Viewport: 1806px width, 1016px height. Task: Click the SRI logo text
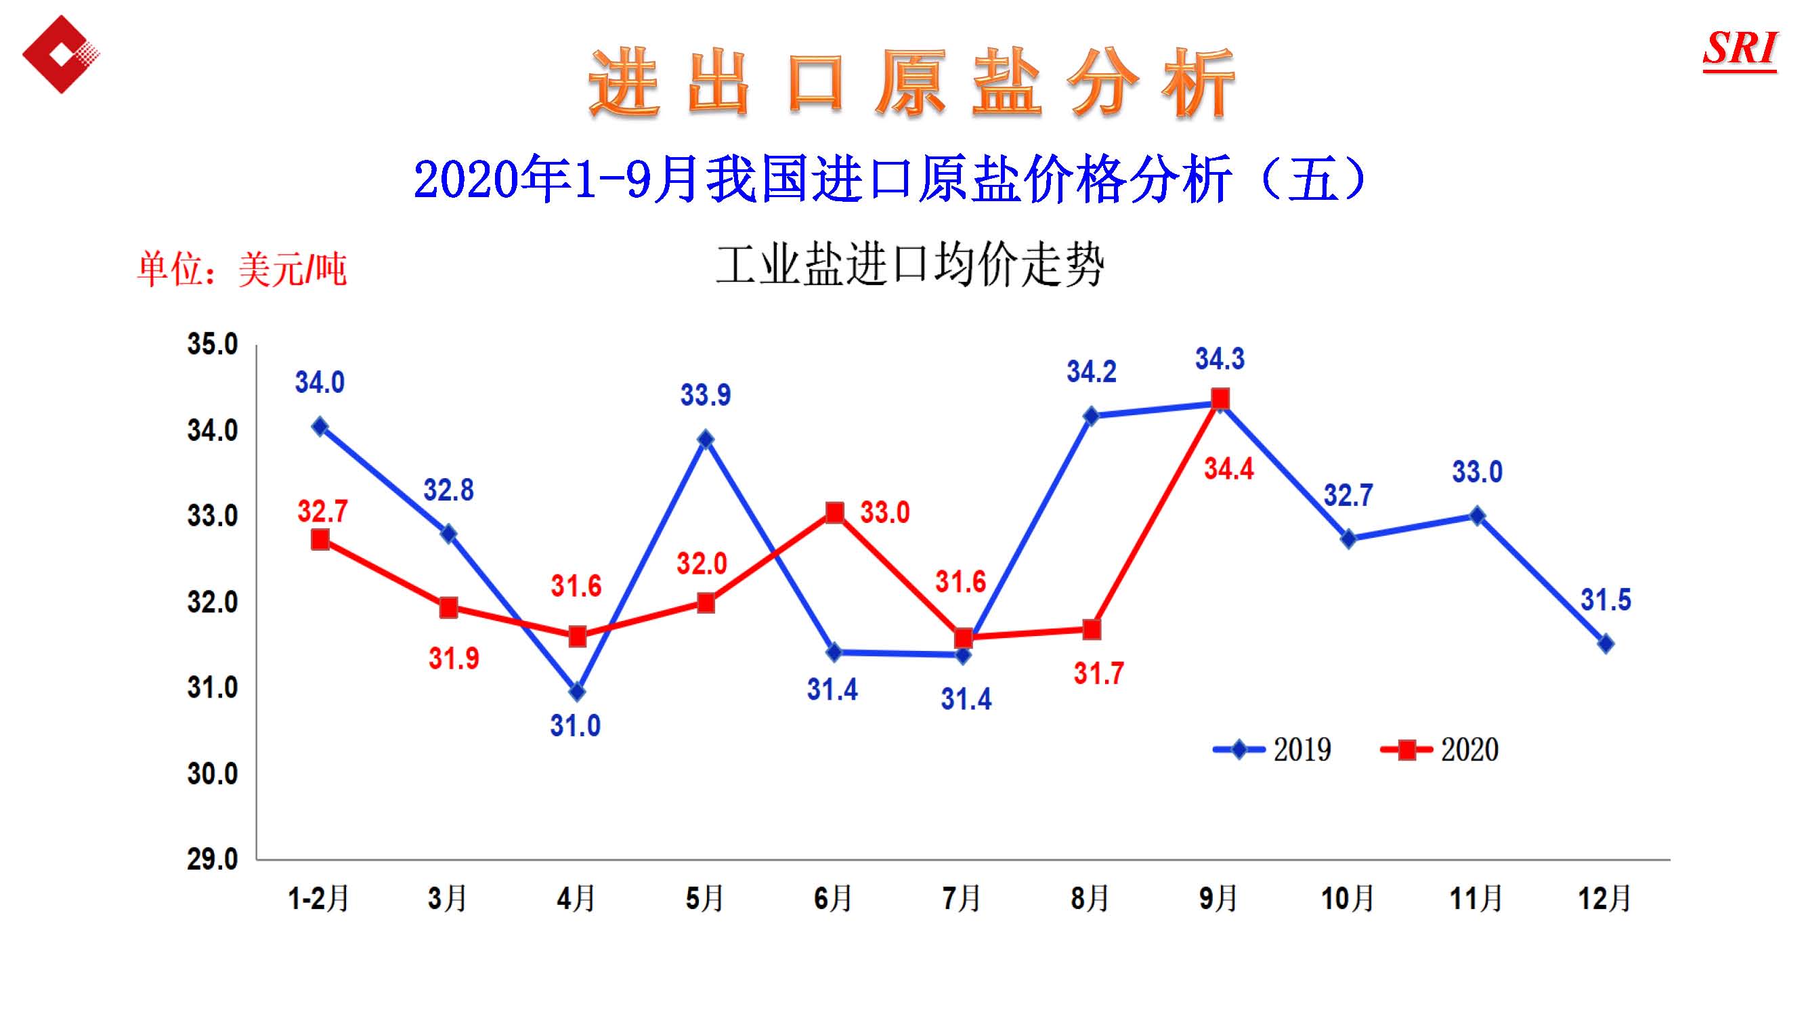1740,49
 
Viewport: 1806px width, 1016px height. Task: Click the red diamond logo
60,54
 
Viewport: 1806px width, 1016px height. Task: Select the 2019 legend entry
1273,750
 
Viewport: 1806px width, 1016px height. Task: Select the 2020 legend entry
1440,750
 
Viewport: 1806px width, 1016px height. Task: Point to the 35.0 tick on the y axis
212,344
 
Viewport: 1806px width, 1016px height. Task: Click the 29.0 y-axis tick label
212,859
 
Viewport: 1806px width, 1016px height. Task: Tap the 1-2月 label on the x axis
318,898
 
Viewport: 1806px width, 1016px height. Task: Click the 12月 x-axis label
1605,898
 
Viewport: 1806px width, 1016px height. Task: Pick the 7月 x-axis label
961,898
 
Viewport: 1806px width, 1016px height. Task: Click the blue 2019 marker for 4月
577,692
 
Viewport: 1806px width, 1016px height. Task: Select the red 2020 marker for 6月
834,513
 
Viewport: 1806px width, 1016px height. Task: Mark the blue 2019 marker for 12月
1606,643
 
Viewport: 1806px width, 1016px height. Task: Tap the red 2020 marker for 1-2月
320,539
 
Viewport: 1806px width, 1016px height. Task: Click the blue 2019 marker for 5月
706,440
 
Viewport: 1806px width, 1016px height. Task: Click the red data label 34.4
1228,469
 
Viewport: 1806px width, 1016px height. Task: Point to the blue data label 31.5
1606,600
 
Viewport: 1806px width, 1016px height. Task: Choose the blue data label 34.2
1092,372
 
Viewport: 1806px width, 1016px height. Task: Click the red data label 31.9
454,658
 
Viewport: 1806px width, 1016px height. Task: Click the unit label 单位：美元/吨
242,270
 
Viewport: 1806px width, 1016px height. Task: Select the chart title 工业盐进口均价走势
910,265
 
